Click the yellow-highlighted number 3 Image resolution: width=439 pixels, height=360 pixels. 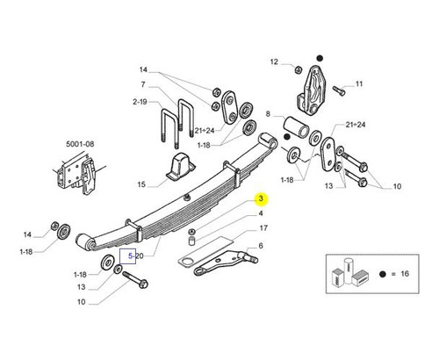tap(261, 198)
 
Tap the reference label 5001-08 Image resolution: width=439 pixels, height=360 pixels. tap(80, 144)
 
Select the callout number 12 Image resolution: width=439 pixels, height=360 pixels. tap(274, 61)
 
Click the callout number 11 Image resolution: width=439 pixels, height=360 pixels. tap(359, 84)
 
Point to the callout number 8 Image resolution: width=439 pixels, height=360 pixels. tap(268, 113)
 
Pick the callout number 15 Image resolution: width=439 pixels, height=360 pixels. tap(141, 184)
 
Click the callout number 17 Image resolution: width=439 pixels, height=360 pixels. tap(263, 228)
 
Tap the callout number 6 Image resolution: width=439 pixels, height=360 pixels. tap(261, 246)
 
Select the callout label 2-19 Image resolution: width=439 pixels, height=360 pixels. tap(140, 102)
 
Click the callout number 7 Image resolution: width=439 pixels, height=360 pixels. tap(143, 84)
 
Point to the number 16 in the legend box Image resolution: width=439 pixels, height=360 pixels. tap(405, 274)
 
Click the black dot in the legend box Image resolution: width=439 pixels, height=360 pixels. tap(382, 274)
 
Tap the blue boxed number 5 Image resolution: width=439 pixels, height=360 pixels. tap(131, 256)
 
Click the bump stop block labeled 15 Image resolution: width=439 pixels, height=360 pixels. tap(179, 167)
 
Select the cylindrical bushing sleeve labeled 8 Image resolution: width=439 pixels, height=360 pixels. tap(296, 126)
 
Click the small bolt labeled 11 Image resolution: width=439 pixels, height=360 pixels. tap(339, 90)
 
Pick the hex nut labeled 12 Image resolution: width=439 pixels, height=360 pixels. tap(298, 69)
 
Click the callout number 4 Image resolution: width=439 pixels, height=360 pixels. tap(261, 213)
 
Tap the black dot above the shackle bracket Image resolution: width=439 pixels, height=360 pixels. tap(320, 58)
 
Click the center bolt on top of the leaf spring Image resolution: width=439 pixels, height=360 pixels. tap(186, 198)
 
